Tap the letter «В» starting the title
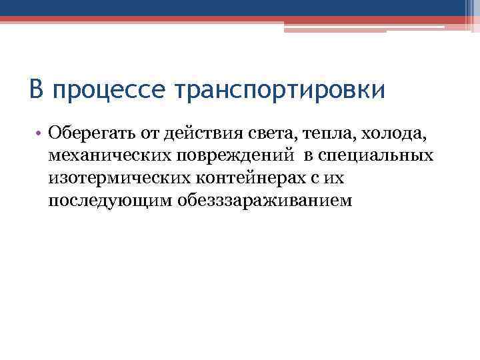[37, 89]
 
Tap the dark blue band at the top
[240, 7]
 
